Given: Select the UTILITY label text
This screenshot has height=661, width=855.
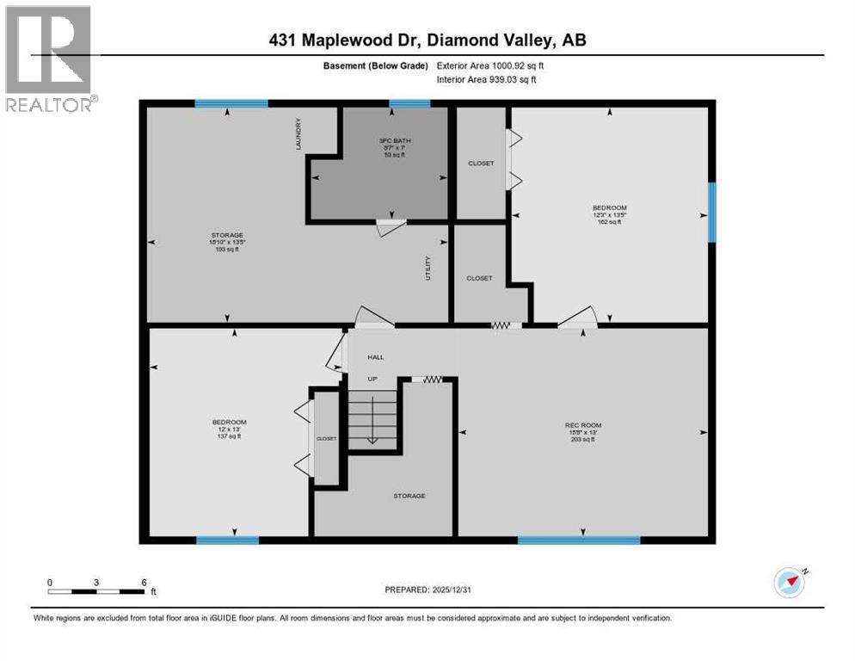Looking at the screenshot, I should click(x=427, y=269).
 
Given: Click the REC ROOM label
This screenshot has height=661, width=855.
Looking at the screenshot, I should click(x=583, y=425).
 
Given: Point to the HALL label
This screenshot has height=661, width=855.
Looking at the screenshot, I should click(x=376, y=357).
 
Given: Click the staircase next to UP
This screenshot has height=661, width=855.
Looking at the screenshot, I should click(x=372, y=417).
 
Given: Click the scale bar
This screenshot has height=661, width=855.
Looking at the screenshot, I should click(x=96, y=591).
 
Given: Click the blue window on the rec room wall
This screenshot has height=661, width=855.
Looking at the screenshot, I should click(x=578, y=541).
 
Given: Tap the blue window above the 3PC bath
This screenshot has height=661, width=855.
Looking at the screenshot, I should click(x=409, y=104).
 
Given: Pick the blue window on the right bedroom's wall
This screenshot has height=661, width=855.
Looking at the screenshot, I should click(x=711, y=212).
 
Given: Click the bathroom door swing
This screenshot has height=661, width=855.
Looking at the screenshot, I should click(x=391, y=226).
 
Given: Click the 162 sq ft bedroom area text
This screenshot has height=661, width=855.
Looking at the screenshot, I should click(x=609, y=222).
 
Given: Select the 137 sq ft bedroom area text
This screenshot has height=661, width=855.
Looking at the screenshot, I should click(x=230, y=436).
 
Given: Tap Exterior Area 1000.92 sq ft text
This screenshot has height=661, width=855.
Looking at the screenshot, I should click(x=490, y=65).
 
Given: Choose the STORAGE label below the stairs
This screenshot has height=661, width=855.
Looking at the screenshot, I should click(x=409, y=496).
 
